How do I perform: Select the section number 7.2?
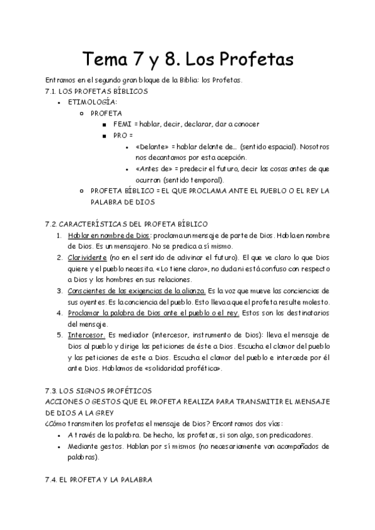point(52,224)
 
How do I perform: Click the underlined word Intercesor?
point(87,335)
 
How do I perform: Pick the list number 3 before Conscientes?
point(59,291)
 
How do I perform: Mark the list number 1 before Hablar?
point(59,235)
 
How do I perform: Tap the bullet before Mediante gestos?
point(59,447)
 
